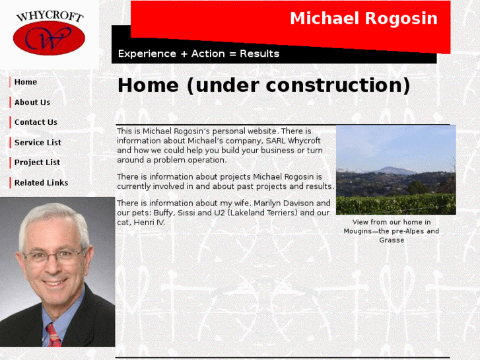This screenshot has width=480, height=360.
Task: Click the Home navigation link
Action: click(26, 83)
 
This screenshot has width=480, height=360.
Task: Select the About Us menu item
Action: click(32, 102)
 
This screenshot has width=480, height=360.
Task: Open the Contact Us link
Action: click(36, 122)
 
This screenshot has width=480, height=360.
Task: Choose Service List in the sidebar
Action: click(38, 143)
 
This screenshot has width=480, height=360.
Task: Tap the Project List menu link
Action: click(37, 162)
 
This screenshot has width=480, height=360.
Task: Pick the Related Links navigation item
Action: click(41, 183)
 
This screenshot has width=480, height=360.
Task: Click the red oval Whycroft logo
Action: click(49, 38)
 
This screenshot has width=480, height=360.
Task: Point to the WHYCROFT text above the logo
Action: click(50, 15)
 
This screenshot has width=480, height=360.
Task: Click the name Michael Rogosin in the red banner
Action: click(363, 18)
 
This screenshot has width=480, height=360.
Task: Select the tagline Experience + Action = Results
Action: click(198, 54)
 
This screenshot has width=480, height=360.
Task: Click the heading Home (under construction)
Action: click(263, 86)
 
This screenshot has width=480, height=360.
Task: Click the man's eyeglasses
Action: click(54, 254)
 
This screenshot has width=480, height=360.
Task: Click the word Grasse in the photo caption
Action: click(392, 240)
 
